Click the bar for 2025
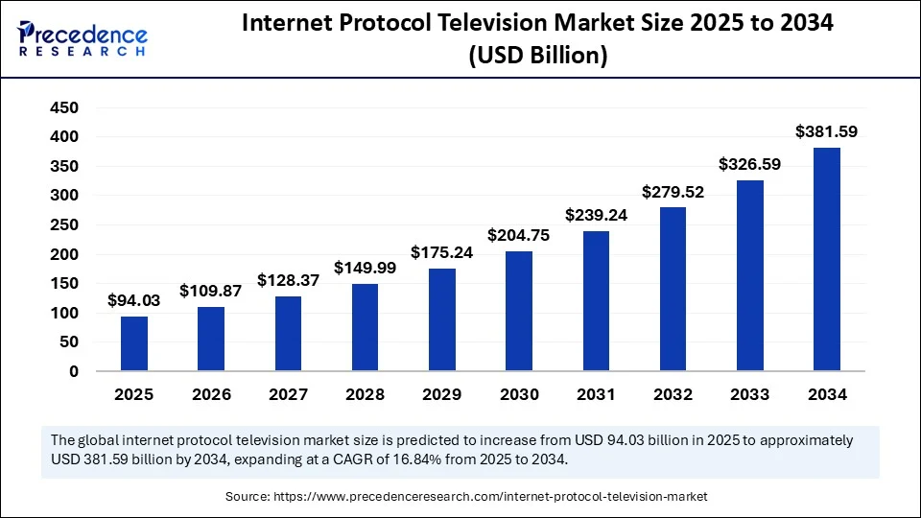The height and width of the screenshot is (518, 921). tap(134, 343)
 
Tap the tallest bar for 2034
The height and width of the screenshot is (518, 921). tap(827, 259)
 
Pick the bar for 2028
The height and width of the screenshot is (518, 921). tap(365, 327)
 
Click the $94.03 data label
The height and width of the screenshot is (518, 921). tap(134, 300)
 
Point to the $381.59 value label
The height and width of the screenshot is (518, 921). tap(827, 131)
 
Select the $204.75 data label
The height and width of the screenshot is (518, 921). tap(519, 235)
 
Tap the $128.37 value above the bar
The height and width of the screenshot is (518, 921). tap(288, 280)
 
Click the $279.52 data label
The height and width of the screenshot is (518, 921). tap(673, 192)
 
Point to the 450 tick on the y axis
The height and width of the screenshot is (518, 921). tap(64, 107)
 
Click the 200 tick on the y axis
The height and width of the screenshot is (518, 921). tap(64, 254)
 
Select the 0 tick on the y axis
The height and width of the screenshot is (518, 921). tap(73, 371)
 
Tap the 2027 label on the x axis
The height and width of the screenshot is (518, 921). tap(288, 394)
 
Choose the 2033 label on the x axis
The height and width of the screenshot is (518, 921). tap(749, 394)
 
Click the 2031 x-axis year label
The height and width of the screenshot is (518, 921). tap(596, 394)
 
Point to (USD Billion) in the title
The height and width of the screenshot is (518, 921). tap(537, 57)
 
